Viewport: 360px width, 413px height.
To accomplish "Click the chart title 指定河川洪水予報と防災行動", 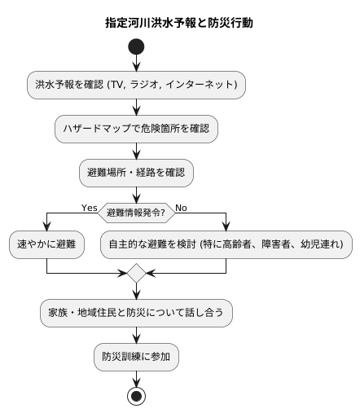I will (x=179, y=23).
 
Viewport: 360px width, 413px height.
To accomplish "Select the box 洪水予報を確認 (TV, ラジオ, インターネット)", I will (x=137, y=84).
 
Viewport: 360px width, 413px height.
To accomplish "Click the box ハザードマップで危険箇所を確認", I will (x=137, y=128).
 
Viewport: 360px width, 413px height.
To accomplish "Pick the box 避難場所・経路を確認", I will (x=137, y=172).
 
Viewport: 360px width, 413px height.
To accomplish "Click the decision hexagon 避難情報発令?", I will (x=136, y=213).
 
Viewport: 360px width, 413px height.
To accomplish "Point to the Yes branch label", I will (x=90, y=208).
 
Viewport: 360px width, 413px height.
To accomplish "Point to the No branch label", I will (x=181, y=208).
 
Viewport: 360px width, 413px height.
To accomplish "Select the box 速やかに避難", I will (x=47, y=243).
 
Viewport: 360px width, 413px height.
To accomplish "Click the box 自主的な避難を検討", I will (x=226, y=243).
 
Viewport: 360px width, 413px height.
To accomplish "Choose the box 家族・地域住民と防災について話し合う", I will (x=137, y=312).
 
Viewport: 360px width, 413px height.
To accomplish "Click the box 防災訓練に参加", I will (x=137, y=356).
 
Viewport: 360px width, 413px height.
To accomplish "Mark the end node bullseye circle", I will (x=137, y=395).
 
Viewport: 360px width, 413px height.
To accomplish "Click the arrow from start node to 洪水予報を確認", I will (x=137, y=64).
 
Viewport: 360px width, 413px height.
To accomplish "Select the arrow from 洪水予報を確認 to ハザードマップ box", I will (x=137, y=106).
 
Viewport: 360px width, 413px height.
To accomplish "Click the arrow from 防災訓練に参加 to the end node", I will (x=137, y=377).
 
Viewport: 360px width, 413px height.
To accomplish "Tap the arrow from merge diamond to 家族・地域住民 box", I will (x=137, y=292).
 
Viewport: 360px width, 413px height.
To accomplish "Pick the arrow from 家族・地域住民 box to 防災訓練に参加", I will (x=137, y=334).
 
